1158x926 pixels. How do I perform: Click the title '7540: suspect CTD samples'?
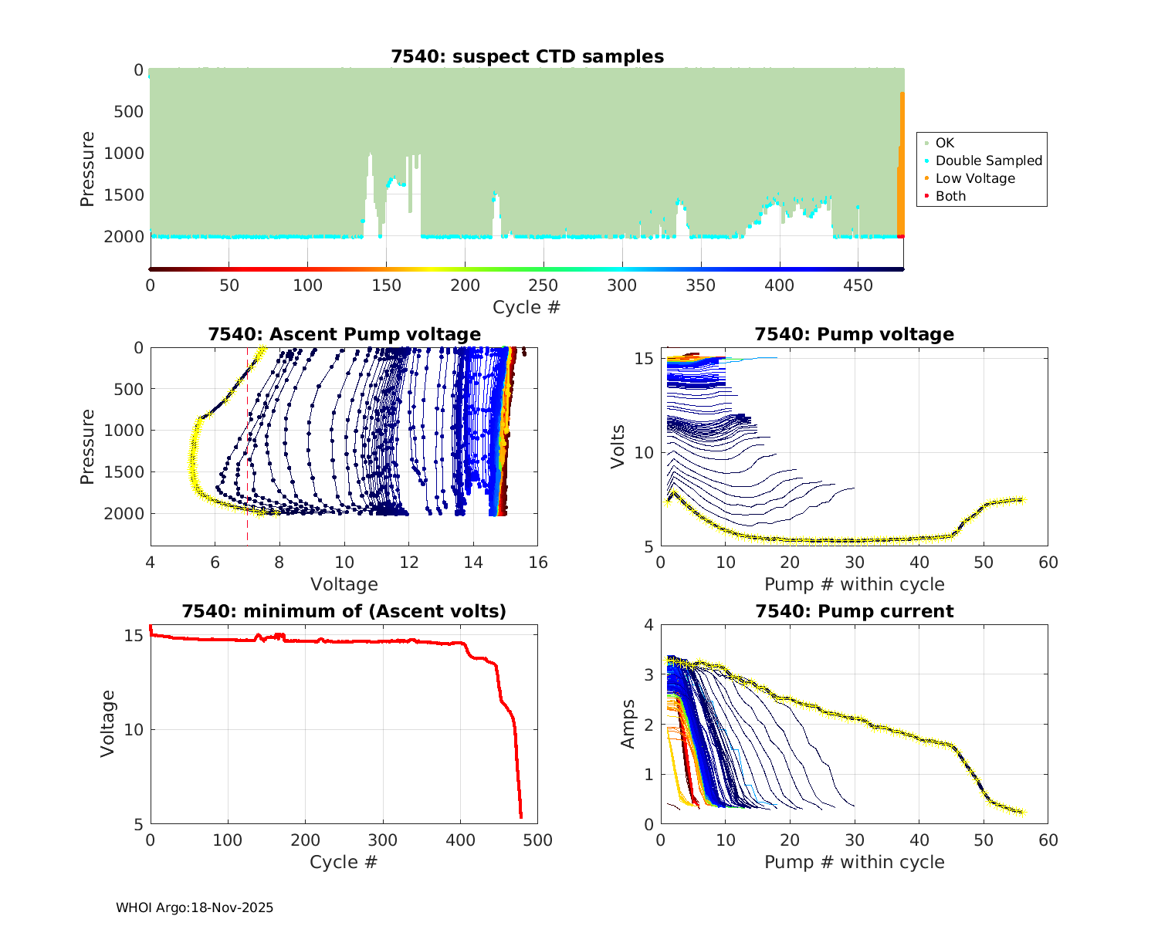click(x=527, y=56)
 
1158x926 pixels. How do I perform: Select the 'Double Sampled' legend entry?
click(x=988, y=161)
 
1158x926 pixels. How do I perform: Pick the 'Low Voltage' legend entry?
click(x=975, y=178)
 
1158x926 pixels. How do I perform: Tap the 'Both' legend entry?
click(x=950, y=196)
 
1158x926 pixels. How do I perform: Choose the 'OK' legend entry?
click(x=944, y=143)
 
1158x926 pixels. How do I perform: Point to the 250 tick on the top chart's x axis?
click(x=543, y=286)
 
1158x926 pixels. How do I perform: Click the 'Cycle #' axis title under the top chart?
click(x=527, y=307)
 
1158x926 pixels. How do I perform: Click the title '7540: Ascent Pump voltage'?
click(x=344, y=334)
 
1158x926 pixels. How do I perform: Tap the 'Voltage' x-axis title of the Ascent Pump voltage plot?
click(x=344, y=584)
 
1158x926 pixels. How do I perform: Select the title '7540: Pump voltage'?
click(x=854, y=334)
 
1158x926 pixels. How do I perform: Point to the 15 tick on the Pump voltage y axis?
click(x=645, y=359)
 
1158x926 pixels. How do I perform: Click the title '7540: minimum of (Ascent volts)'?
click(x=344, y=611)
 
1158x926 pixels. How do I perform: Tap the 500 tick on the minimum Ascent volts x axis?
click(x=537, y=840)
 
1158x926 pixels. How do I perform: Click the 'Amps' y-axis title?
click(x=628, y=724)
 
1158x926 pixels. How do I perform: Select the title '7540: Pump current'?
click(x=854, y=611)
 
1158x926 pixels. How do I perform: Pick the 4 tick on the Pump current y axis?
click(x=648, y=625)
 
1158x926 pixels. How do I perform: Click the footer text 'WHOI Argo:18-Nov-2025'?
click(x=195, y=907)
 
